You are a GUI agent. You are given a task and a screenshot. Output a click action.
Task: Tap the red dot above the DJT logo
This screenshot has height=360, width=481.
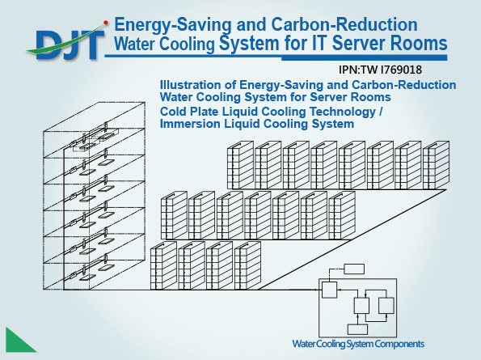pos(106,23)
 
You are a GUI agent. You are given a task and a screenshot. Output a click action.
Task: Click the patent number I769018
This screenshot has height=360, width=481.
pos(401,70)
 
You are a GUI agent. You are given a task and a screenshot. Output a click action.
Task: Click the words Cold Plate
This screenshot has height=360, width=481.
pos(188,112)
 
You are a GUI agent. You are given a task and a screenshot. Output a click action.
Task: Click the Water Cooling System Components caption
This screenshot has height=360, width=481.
pos(358,344)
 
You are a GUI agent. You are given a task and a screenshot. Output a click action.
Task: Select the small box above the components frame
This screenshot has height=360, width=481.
pos(354,269)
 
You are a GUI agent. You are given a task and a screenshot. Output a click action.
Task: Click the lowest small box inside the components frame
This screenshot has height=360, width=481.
pos(357,329)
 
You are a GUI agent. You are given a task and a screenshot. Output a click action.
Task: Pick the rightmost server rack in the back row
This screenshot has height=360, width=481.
pos(436,165)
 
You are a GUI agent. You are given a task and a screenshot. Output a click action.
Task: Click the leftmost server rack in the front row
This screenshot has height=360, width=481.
pos(163,265)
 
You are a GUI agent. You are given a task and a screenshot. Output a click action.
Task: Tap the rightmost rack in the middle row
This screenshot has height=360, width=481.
pos(342,215)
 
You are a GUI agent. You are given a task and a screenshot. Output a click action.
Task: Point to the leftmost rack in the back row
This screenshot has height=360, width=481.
pos(241,165)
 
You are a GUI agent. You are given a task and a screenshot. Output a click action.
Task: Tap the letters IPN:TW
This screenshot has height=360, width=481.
pos(358,70)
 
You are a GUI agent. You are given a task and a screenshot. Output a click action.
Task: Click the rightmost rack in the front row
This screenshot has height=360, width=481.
pos(248,265)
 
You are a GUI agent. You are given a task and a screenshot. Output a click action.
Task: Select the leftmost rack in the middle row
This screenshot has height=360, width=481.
pos(175,215)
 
